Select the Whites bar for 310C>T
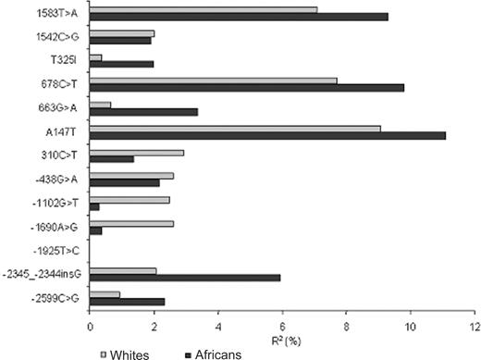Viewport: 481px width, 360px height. tap(137, 151)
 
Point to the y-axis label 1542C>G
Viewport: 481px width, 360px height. tap(57, 37)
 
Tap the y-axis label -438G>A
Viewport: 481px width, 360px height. tap(59, 179)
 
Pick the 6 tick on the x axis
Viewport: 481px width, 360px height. tap(281, 327)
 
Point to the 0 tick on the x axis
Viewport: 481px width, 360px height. tap(90, 327)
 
